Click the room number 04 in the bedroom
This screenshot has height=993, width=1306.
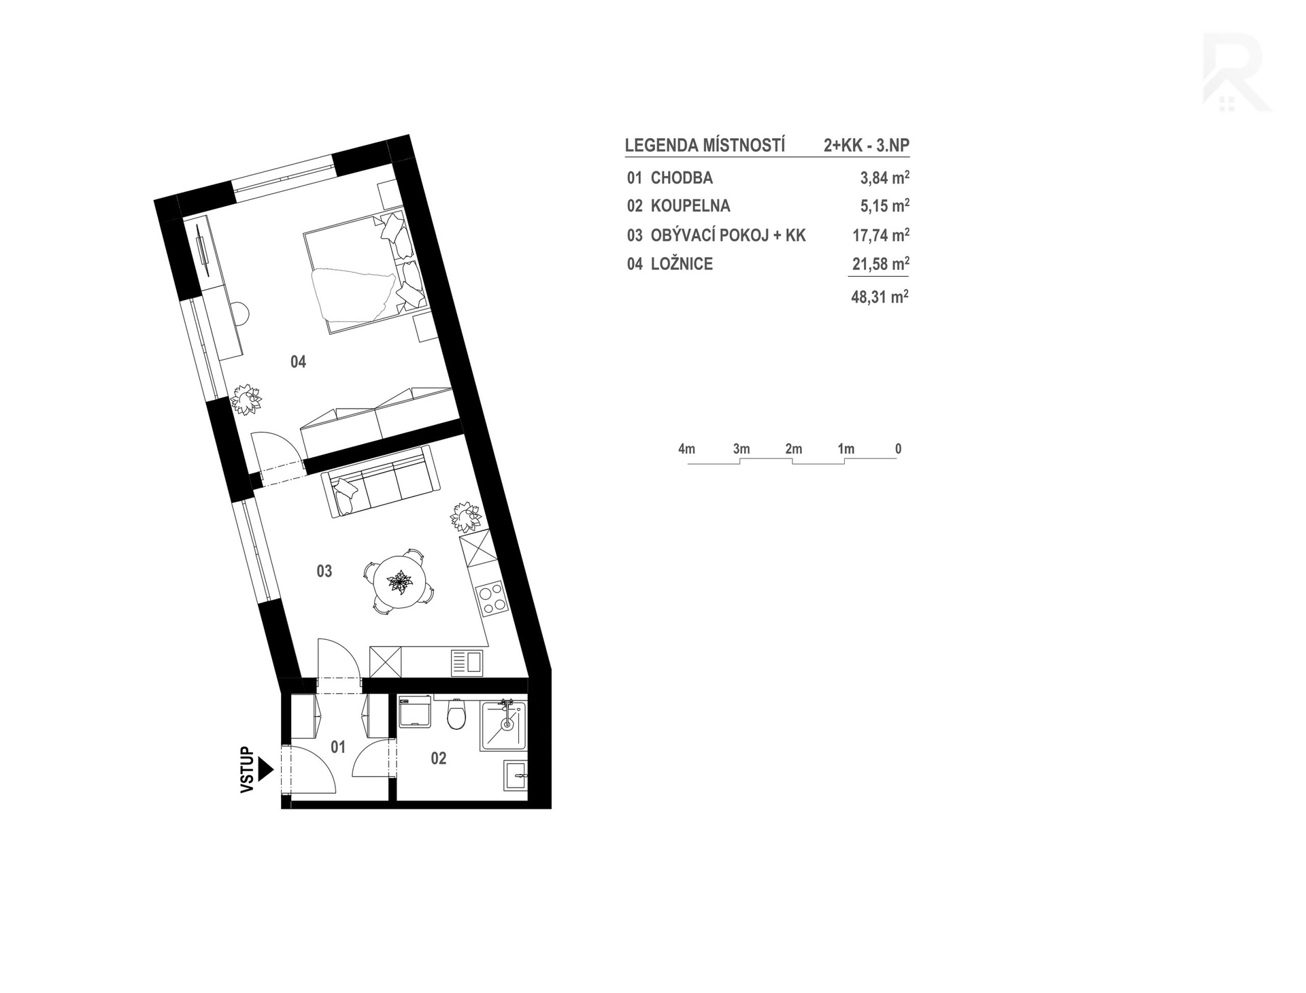pos(298,362)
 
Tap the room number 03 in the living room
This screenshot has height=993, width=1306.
pos(324,571)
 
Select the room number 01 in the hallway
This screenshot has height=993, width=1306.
pos(338,747)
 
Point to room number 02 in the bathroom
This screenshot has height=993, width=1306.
pos(439,758)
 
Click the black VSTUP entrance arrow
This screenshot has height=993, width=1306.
pos(266,769)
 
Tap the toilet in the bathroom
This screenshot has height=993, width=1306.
pos(456,715)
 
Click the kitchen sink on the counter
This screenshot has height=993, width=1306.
pos(467,662)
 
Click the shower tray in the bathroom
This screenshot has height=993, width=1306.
pos(504,726)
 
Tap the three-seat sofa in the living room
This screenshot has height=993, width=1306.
pos(381,483)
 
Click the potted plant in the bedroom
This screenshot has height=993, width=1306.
pos(246,399)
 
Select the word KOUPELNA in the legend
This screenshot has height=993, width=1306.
pos(690,206)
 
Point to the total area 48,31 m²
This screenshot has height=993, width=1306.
pos(880,297)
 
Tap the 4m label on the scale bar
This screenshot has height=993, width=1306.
pos(686,449)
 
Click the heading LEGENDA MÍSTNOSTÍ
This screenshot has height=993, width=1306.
pos(705,146)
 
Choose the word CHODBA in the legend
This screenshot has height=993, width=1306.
pos(682,178)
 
